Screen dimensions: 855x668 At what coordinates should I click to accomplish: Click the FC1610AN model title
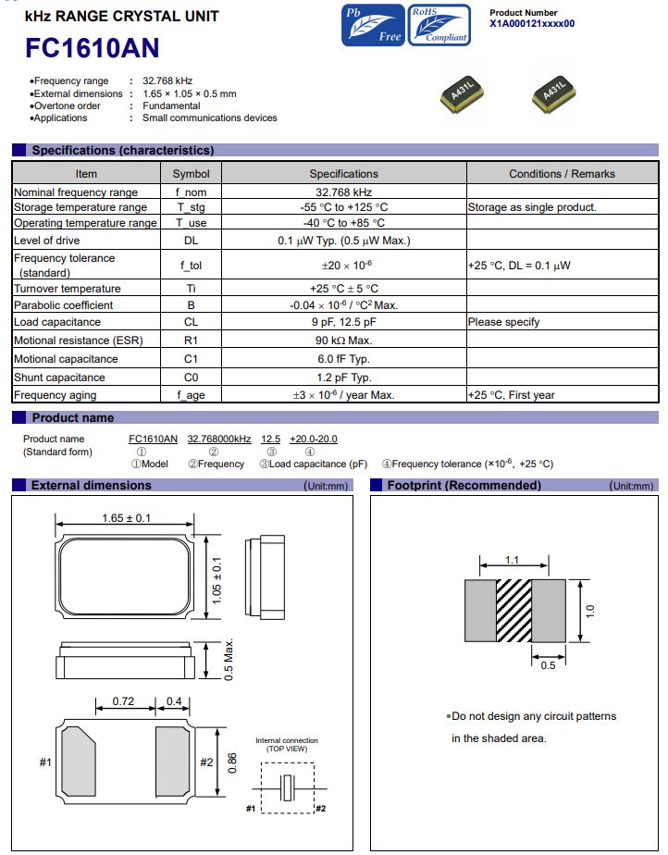pyautogui.click(x=93, y=48)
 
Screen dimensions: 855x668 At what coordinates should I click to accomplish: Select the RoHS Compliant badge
pyautogui.click(x=439, y=25)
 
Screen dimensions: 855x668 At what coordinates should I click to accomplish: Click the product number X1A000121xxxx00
pyautogui.click(x=532, y=24)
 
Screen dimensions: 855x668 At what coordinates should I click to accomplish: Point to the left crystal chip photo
pyautogui.click(x=462, y=94)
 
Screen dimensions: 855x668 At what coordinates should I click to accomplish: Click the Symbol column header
pyautogui.click(x=191, y=174)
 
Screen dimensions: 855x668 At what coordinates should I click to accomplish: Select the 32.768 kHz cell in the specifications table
pyautogui.click(x=343, y=192)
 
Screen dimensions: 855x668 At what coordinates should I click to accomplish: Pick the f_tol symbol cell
pyautogui.click(x=191, y=266)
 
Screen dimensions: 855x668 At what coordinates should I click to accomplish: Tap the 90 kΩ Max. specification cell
pyautogui.click(x=343, y=341)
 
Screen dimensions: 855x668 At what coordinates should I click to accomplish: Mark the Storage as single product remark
pyautogui.click(x=532, y=207)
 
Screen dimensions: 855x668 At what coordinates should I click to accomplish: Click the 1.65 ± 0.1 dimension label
pyautogui.click(x=126, y=518)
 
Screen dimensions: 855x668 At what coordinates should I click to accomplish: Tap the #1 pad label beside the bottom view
pyautogui.click(x=45, y=762)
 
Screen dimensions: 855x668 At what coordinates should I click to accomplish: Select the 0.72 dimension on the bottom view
pyautogui.click(x=122, y=701)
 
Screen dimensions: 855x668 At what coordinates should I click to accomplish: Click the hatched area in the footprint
pyautogui.click(x=515, y=610)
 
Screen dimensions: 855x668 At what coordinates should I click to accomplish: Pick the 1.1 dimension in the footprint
pyautogui.click(x=513, y=560)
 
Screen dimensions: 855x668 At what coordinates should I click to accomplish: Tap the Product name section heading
pyautogui.click(x=73, y=417)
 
